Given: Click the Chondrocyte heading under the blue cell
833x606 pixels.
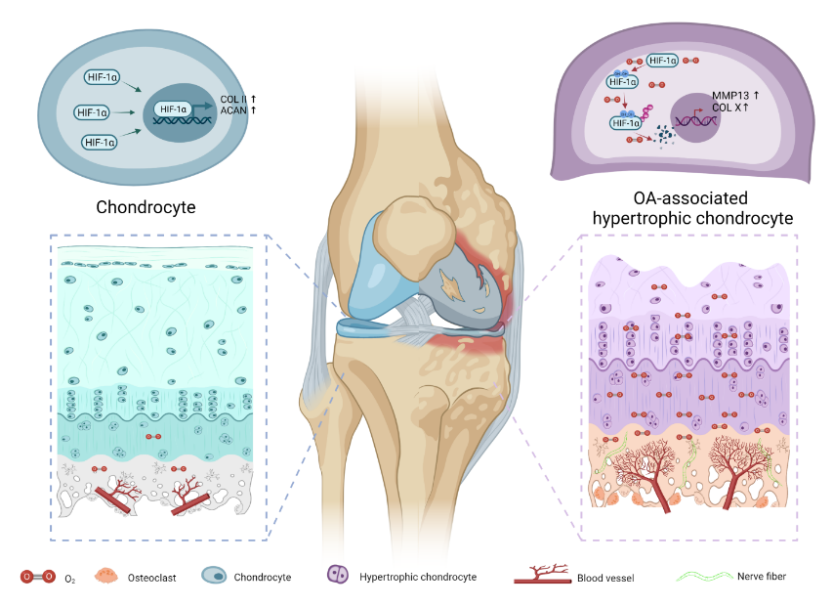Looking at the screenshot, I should click(x=146, y=207).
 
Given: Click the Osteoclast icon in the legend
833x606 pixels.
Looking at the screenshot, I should click(x=109, y=577).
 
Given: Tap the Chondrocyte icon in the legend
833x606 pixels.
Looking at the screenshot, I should click(x=214, y=577).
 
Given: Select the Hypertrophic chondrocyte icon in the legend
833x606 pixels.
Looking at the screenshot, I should click(x=339, y=576).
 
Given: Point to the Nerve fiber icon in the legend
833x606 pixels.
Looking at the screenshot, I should click(x=706, y=577).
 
